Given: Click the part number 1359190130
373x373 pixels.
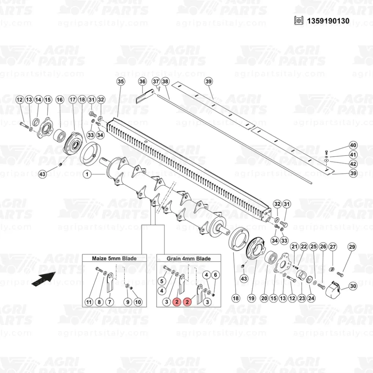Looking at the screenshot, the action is [x=328, y=21].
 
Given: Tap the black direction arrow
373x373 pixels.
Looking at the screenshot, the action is [x=44, y=279].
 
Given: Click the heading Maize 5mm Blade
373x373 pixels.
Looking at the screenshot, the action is [x=114, y=258].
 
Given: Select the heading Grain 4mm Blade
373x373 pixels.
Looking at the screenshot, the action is [x=189, y=258].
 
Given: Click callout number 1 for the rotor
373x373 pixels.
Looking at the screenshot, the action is [x=87, y=174].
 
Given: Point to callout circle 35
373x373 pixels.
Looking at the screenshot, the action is [x=121, y=82].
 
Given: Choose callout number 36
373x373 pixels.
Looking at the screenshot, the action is [x=142, y=82].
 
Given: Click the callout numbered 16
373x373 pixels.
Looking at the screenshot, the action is [x=60, y=100].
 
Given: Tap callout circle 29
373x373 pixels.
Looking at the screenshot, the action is [x=352, y=247].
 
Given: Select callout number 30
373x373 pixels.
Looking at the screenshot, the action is [x=353, y=286].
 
